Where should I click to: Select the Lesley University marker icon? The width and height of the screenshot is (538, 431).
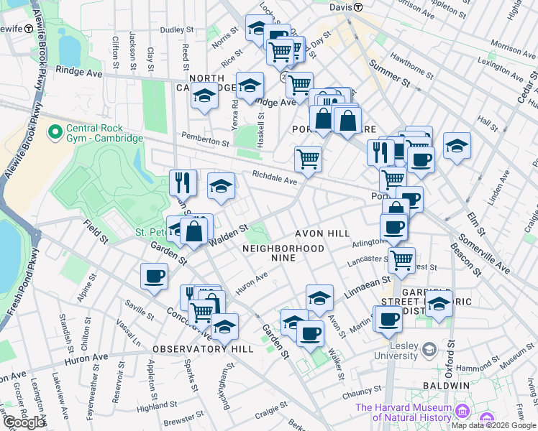click(429, 350)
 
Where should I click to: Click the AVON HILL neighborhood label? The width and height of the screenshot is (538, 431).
click(322, 233)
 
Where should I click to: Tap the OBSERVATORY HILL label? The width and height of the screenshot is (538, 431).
click(203, 348)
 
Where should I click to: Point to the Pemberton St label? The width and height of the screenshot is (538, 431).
click(204, 138)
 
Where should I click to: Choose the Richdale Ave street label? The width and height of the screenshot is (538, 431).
click(274, 177)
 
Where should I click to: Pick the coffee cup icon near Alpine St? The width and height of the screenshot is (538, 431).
click(155, 277)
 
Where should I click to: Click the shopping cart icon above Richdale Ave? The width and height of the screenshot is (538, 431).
click(308, 158)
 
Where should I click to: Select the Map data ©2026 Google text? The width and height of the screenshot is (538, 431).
click(493, 425)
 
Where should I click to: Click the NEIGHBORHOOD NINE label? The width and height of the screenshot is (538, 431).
click(283, 253)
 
